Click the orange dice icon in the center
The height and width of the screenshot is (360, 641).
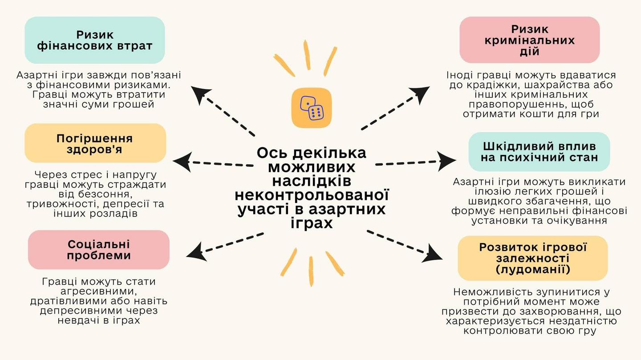(x=312, y=108)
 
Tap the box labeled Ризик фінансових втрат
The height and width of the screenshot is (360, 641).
(x=95, y=40)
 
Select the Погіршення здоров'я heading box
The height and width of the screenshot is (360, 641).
(x=95, y=143)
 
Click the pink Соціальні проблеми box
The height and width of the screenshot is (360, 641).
(x=99, y=250)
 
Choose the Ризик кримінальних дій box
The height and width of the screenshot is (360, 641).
(x=529, y=40)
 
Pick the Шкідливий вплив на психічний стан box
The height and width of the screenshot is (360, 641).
(x=539, y=152)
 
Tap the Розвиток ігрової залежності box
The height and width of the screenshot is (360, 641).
(x=532, y=258)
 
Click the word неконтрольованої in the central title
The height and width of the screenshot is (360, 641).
(x=312, y=195)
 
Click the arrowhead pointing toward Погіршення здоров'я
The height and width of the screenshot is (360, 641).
(x=182, y=161)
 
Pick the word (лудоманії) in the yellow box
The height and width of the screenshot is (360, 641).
(x=532, y=269)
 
